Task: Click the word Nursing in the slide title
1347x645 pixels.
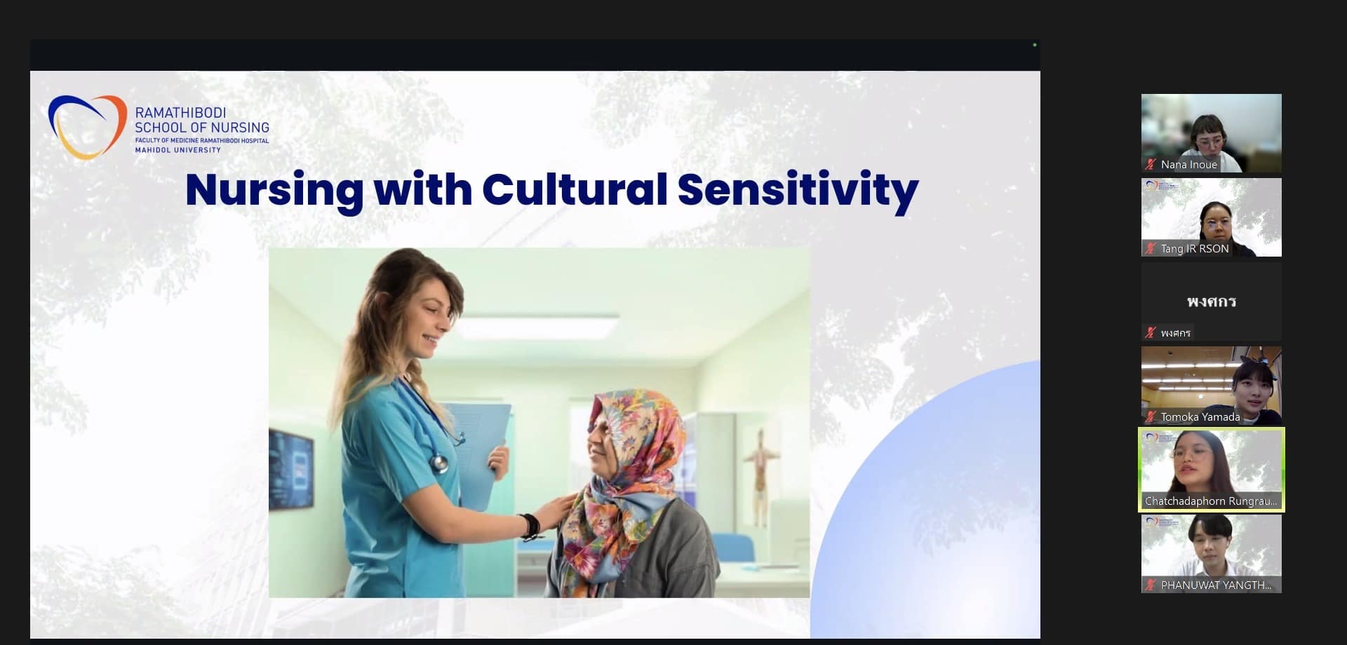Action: (274, 191)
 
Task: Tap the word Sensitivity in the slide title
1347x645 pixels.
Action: (798, 191)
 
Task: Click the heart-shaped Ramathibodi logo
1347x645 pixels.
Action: (87, 127)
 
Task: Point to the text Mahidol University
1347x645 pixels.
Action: (177, 150)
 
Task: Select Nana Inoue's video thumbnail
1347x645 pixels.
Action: (1211, 133)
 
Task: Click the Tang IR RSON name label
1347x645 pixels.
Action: (1195, 249)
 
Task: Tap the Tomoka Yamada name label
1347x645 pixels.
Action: (1200, 417)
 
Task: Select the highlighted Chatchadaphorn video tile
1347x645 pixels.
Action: (1211, 470)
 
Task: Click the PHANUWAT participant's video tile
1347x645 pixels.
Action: (1211, 554)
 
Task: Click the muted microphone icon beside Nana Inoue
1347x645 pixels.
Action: (1150, 165)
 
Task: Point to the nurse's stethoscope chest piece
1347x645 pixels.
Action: (438, 462)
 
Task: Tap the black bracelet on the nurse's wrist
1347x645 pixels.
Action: (530, 527)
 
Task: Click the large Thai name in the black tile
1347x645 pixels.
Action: (1212, 301)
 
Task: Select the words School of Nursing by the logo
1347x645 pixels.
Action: (202, 128)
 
